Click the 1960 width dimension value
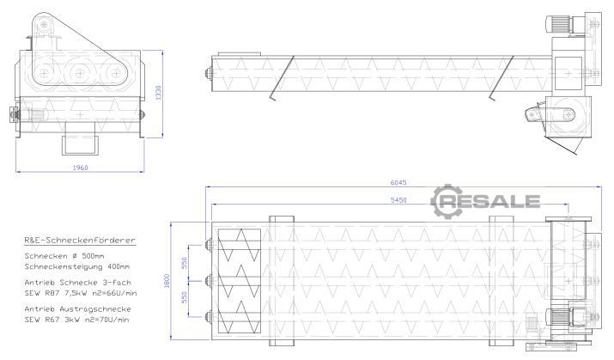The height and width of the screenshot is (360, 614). pos(80,168)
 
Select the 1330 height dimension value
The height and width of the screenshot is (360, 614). pos(158,93)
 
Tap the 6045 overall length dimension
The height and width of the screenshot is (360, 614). pos(398,182)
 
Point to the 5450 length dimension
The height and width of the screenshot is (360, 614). pos(398,200)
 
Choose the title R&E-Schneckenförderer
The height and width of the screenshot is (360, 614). pos(80,240)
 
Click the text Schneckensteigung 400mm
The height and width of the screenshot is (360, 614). pos(76,266)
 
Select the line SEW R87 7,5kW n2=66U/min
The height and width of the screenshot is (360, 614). pos(81,293)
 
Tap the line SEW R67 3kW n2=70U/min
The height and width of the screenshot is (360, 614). pos(76,320)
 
